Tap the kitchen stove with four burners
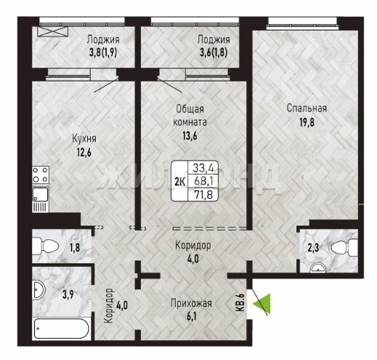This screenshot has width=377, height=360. coord(41,175)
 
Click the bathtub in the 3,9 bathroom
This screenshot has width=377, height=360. coord(62,329)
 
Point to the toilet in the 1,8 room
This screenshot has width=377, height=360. coord(45,247)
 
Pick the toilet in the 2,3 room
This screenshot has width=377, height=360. coord(344,248)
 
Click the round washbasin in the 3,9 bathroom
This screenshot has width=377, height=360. coord(38,289)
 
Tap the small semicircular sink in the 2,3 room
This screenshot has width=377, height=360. coord(318,268)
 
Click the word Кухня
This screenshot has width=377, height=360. coord(84,139)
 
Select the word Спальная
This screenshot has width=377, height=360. coord(307,108)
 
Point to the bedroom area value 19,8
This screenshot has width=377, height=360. coord(307,122)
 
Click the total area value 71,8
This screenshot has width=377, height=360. coord(203,195)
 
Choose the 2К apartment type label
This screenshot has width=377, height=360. coord(179,182)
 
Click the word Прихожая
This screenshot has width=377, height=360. coord(191,303)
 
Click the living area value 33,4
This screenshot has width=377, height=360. coord(203,167)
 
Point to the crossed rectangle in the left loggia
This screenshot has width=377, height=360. coord(53,31)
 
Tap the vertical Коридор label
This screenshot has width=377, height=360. coord(108,305)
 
